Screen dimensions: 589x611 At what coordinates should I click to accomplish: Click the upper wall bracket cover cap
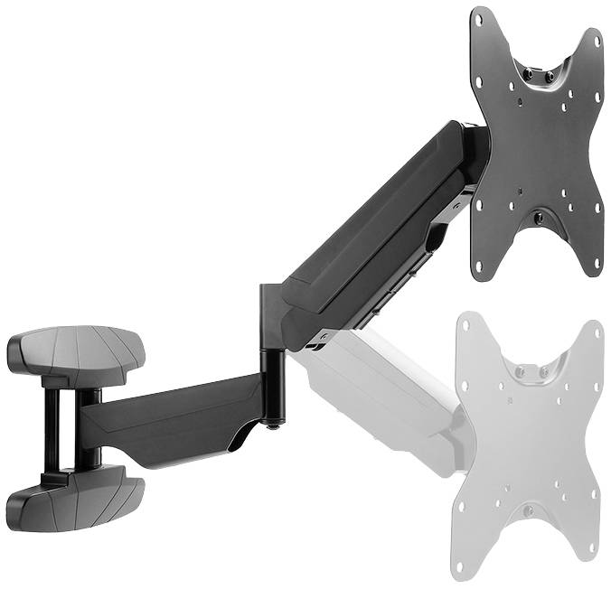pos(77,348)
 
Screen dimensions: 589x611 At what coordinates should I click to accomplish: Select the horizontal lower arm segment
pos(172,420)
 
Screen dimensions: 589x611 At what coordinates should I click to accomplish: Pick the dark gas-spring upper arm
pos(380,226)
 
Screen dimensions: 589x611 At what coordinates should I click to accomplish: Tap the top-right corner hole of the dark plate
pos(597,38)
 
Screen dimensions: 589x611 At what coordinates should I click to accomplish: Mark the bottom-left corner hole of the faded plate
pos(462,567)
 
